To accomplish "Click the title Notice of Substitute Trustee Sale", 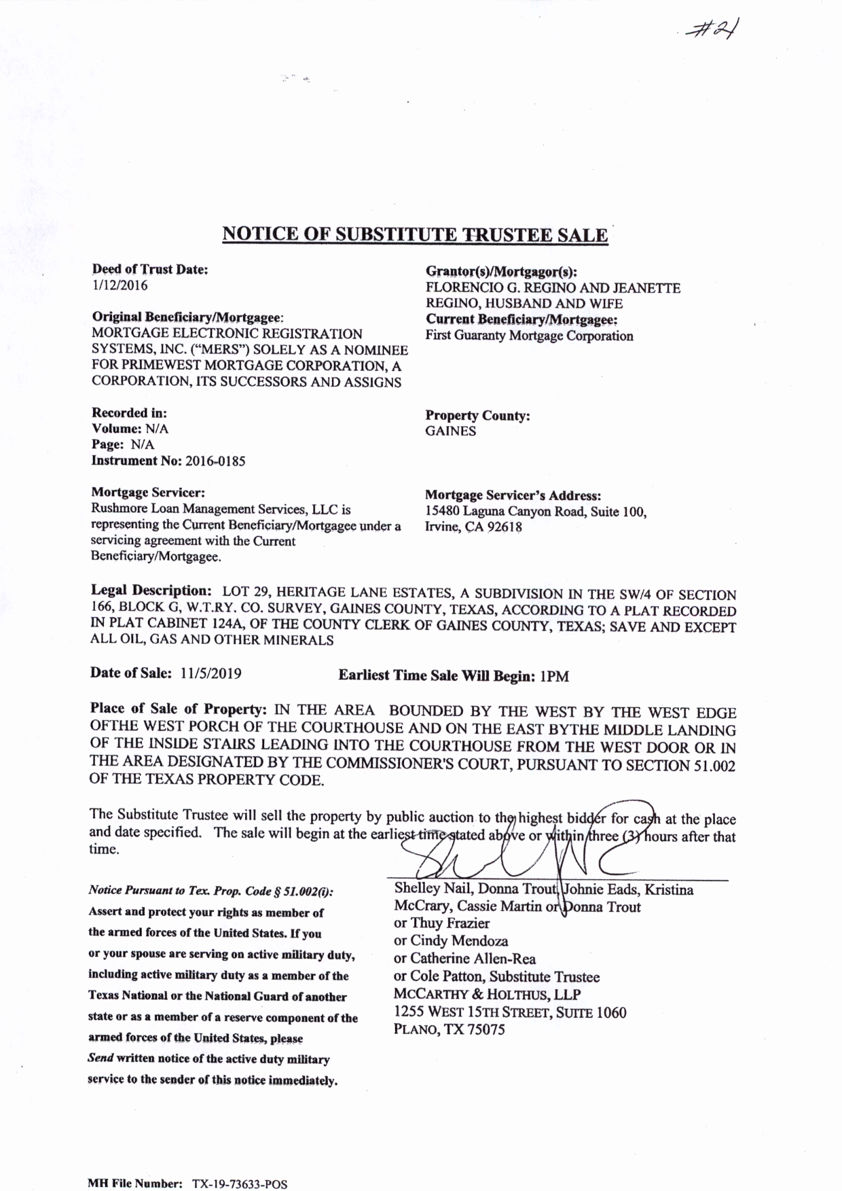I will tap(415, 234).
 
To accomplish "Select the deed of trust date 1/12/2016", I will tap(120, 285).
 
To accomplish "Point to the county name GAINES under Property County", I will tap(451, 431).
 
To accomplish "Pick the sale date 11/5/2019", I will tap(211, 674).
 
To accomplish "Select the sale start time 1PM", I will tap(553, 676).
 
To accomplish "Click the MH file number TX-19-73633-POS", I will tap(240, 1184).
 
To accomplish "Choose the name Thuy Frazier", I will tap(450, 923).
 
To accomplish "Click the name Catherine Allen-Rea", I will tap(473, 959).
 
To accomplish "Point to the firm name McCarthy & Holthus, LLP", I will tap(487, 994).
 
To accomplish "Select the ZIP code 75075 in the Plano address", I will tap(481, 1029).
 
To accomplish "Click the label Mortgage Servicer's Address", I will tap(513, 496).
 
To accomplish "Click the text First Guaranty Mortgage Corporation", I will tap(529, 336).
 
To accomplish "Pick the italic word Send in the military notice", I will tap(100, 1059).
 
